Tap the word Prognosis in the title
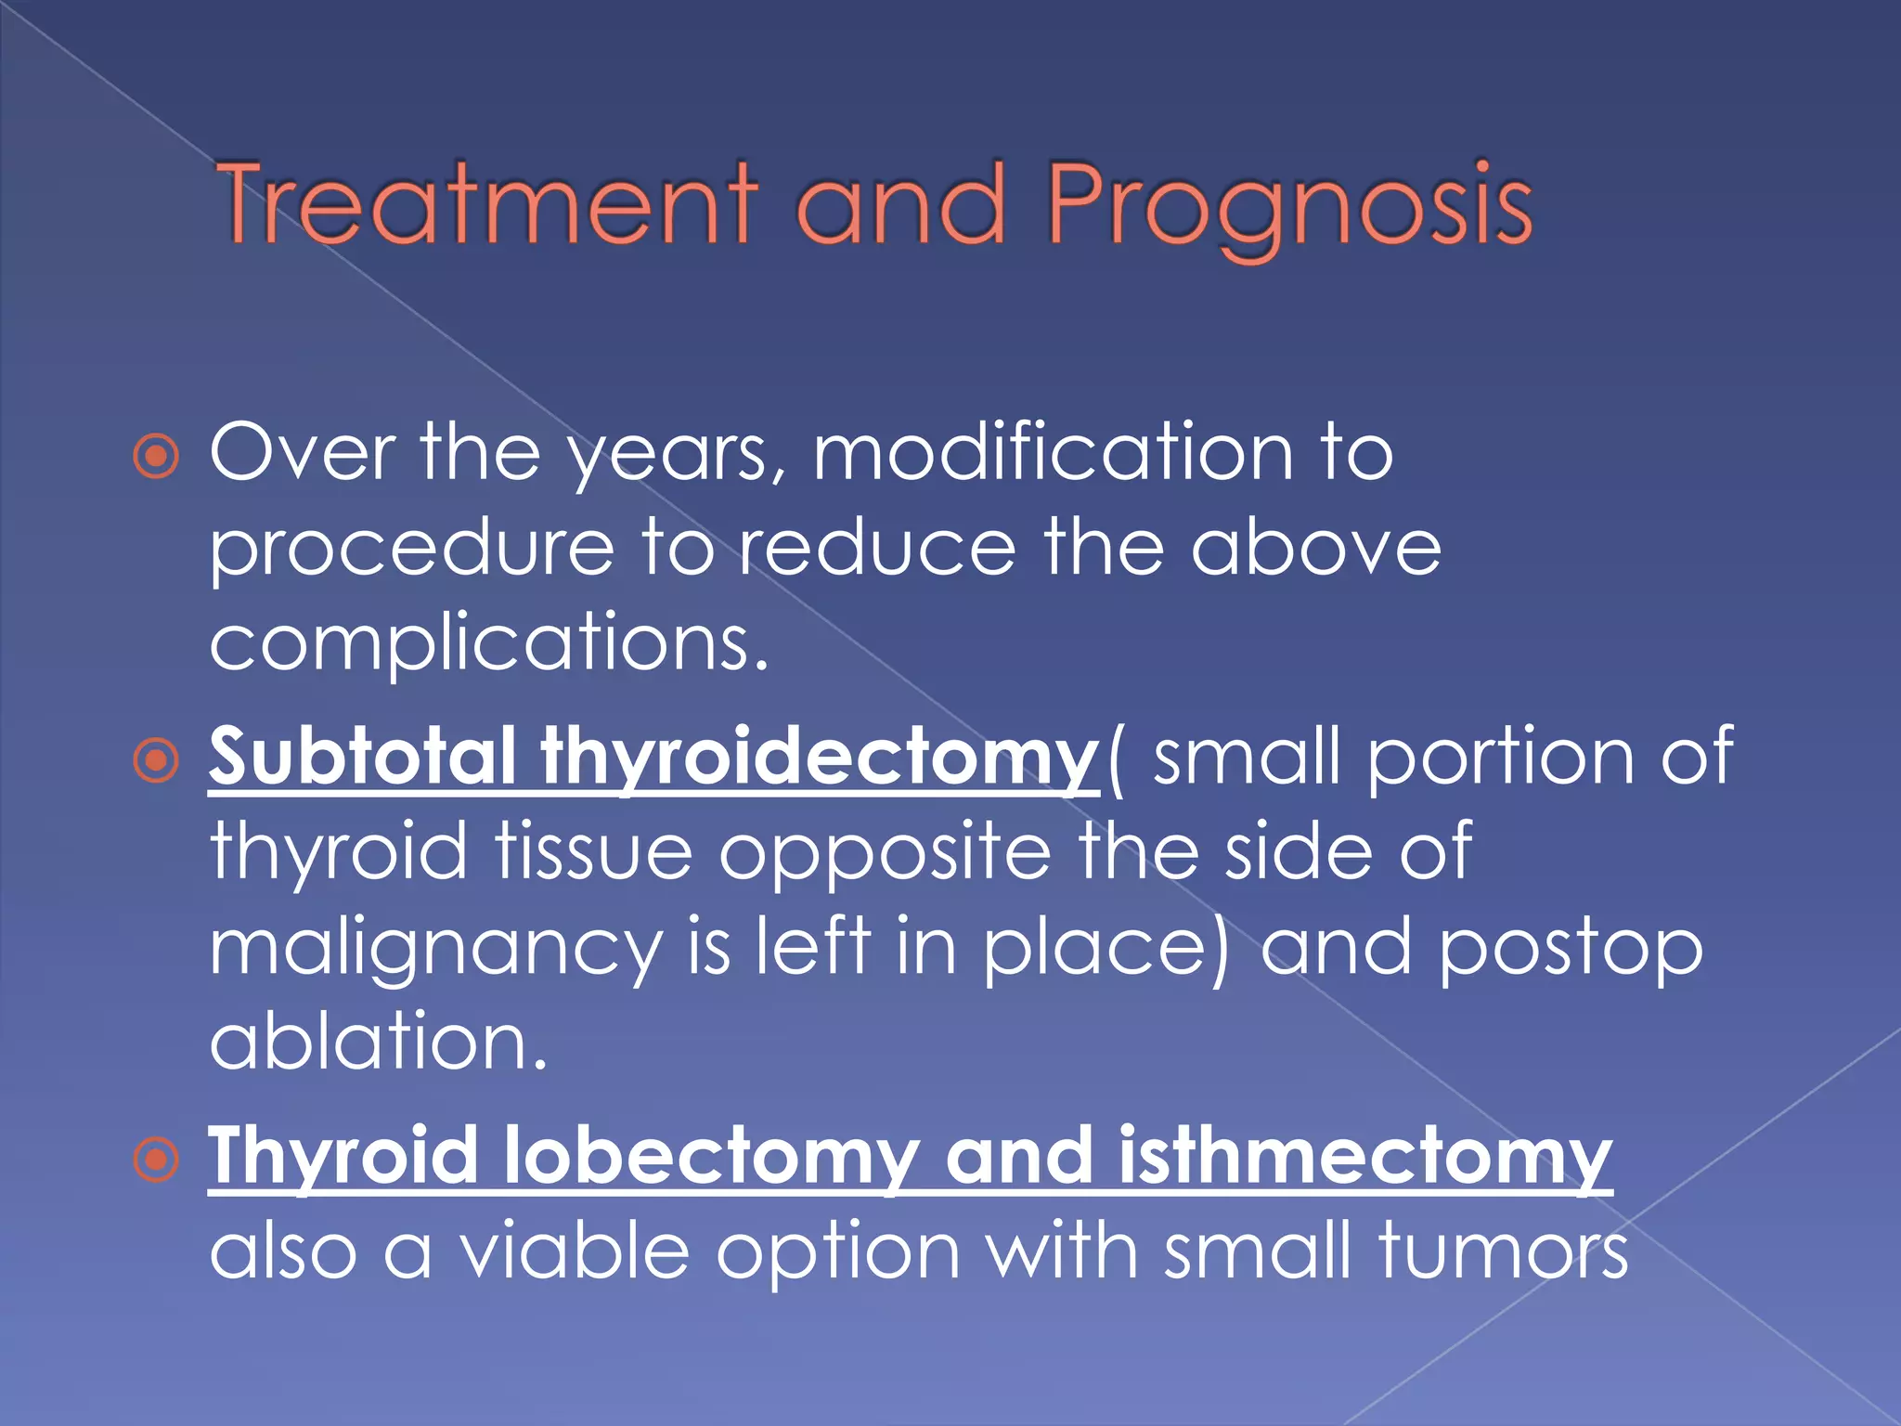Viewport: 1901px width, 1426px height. (1290, 206)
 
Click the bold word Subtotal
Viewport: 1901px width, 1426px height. (362, 757)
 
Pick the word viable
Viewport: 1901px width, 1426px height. (575, 1252)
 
